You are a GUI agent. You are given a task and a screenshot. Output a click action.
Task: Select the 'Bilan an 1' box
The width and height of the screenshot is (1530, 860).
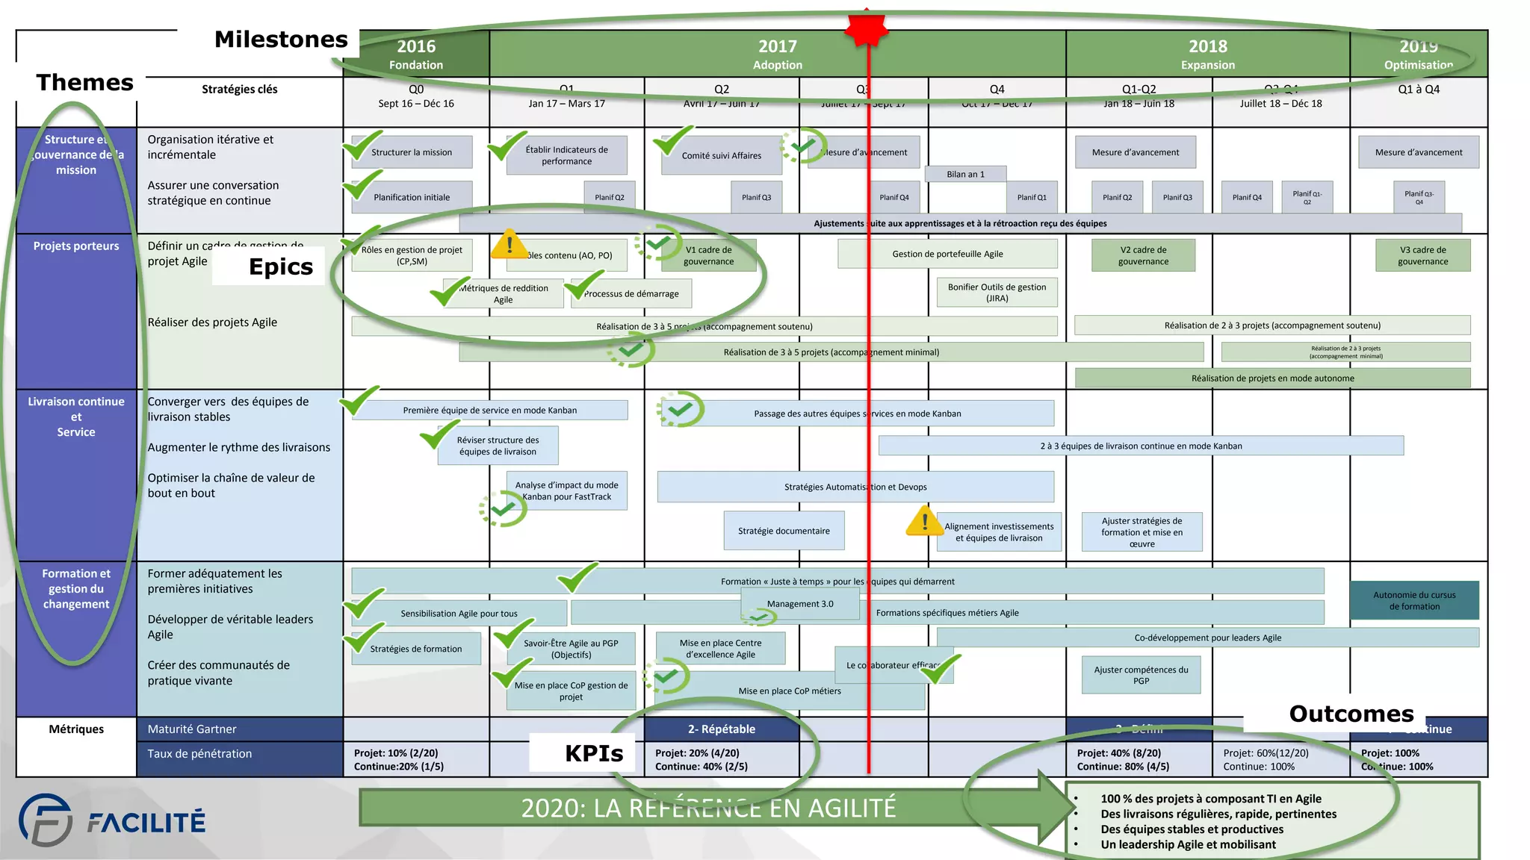pos(965,174)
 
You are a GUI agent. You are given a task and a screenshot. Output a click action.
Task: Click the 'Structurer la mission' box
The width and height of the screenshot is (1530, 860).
pos(412,152)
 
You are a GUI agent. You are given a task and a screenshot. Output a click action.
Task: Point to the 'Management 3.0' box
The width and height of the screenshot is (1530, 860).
pos(800,604)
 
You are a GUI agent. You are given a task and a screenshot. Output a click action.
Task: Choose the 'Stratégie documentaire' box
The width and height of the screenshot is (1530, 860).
pos(784,531)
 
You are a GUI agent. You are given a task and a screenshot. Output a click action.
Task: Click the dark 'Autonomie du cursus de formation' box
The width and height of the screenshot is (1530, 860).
pos(1414,600)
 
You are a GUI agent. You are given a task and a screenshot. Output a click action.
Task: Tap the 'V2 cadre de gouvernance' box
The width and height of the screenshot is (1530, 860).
pos(1143,255)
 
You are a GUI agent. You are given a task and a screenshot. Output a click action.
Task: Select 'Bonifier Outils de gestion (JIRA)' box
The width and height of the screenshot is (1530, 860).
pos(997,293)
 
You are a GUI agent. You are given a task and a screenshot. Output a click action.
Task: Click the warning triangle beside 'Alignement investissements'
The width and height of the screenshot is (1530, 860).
pos(924,520)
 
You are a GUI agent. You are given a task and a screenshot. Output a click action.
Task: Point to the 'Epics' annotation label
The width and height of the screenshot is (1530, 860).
pos(280,267)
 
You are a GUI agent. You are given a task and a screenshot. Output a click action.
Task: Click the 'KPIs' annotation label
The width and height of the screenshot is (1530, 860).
pos(593,753)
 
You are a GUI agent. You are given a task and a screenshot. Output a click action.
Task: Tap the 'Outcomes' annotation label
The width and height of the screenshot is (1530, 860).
pos(1351,714)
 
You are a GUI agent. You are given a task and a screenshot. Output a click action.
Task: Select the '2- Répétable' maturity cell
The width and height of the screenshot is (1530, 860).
pos(721,729)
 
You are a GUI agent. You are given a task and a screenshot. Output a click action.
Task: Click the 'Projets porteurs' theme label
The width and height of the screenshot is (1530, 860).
pos(76,246)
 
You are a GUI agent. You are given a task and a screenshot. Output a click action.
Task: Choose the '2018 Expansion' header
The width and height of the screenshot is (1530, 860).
pos(1207,54)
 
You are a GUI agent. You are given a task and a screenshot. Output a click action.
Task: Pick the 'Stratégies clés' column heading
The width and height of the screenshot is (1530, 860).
pos(239,90)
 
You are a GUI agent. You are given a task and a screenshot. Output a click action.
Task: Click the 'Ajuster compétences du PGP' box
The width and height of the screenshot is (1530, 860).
pos(1141,675)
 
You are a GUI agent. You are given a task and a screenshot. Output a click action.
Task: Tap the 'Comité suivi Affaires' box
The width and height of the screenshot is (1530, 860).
pos(721,156)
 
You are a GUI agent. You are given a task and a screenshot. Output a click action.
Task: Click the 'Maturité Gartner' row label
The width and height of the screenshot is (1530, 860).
pos(192,729)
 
